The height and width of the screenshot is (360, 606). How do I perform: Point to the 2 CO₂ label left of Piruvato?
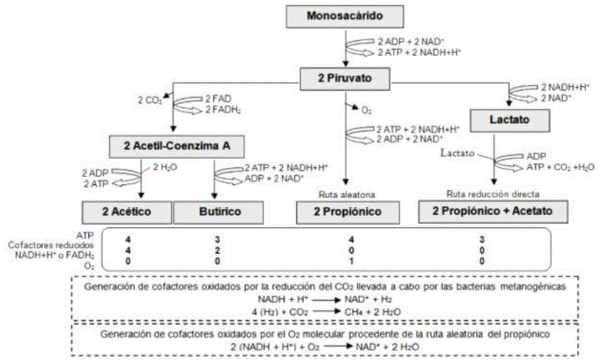[x=150, y=101]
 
